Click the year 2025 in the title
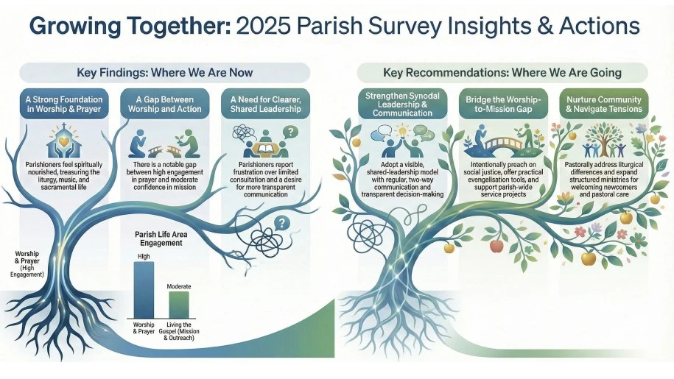click(x=263, y=26)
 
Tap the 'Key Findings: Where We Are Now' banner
click(x=164, y=73)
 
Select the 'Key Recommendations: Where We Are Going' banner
click(x=502, y=73)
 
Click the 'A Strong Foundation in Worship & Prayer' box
click(x=64, y=105)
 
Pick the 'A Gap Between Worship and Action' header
click(x=164, y=105)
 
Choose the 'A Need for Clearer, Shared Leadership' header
click(x=265, y=105)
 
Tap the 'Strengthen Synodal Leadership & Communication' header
click(x=402, y=105)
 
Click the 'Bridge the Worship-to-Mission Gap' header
click(x=503, y=105)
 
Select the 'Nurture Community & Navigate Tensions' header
click(x=603, y=105)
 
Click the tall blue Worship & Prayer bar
click(x=144, y=290)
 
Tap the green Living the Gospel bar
click(x=179, y=305)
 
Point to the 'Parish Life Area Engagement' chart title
click(x=161, y=238)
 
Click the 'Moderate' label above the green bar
click(x=179, y=286)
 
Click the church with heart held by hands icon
click(x=64, y=141)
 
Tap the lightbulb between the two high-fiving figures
click(x=402, y=129)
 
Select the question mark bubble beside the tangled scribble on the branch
click(x=281, y=223)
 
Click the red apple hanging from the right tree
click(x=496, y=246)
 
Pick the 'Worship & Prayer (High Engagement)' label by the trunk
click(x=27, y=264)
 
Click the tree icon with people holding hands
click(x=604, y=141)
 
